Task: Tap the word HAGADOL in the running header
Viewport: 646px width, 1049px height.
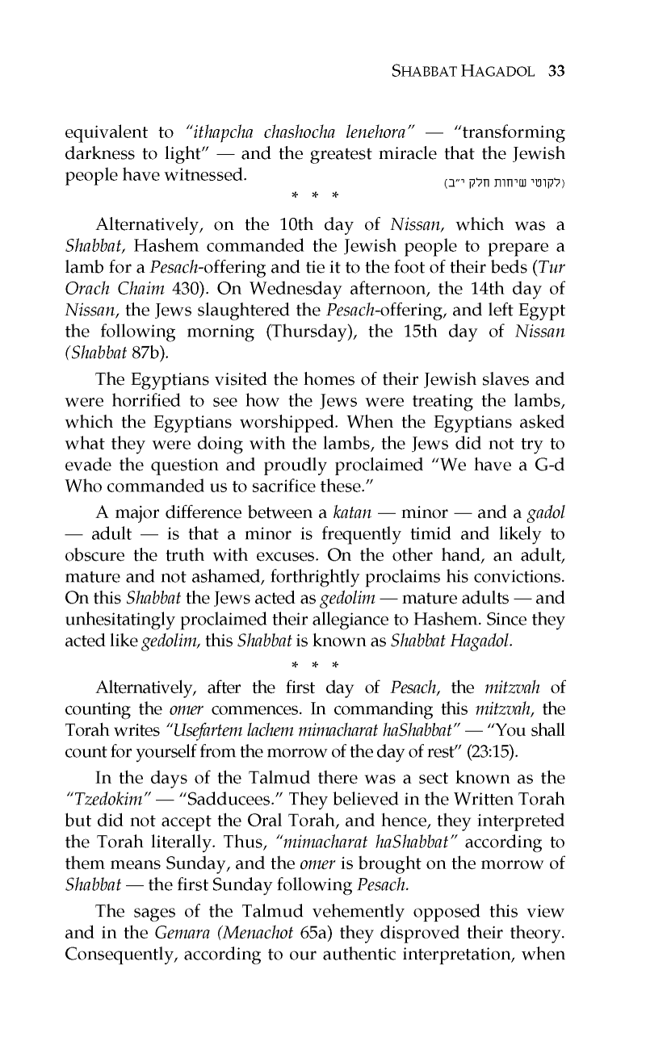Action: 497,70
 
